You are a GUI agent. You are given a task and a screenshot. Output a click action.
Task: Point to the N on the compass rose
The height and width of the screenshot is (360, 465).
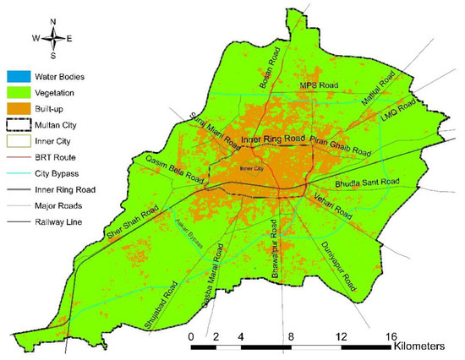(x=53, y=22)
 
